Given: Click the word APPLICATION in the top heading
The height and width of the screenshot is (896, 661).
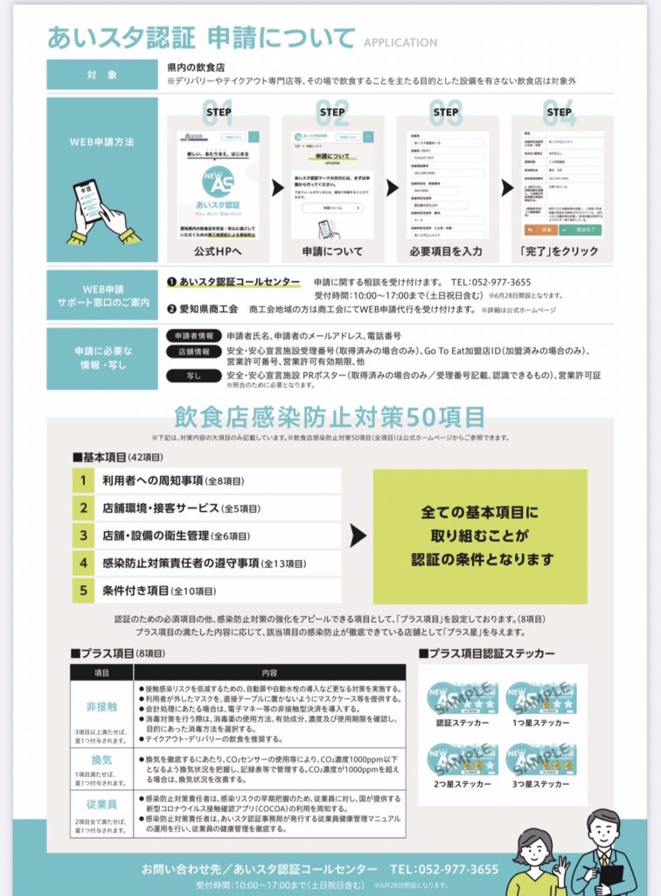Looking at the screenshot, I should click(400, 42).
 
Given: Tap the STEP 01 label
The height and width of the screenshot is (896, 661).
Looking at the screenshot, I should click(218, 111).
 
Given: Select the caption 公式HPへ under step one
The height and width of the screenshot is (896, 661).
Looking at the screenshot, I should click(219, 251).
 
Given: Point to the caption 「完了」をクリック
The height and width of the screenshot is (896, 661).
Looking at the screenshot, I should click(559, 251).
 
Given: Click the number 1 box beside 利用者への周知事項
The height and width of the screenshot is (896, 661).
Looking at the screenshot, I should click(83, 480).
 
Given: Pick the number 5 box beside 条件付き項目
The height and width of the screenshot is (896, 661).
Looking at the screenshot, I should click(83, 590).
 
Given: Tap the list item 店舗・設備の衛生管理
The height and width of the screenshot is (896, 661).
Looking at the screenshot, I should click(175, 535).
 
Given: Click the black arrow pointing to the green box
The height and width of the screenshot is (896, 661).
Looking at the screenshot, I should click(358, 535).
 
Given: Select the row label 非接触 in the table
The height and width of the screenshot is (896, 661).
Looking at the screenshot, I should click(102, 705).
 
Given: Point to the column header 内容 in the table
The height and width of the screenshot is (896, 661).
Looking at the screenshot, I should click(269, 672).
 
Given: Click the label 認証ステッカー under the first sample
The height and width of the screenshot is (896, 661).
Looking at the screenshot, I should click(462, 723).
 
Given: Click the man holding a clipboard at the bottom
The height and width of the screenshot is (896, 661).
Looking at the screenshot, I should click(604, 853).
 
